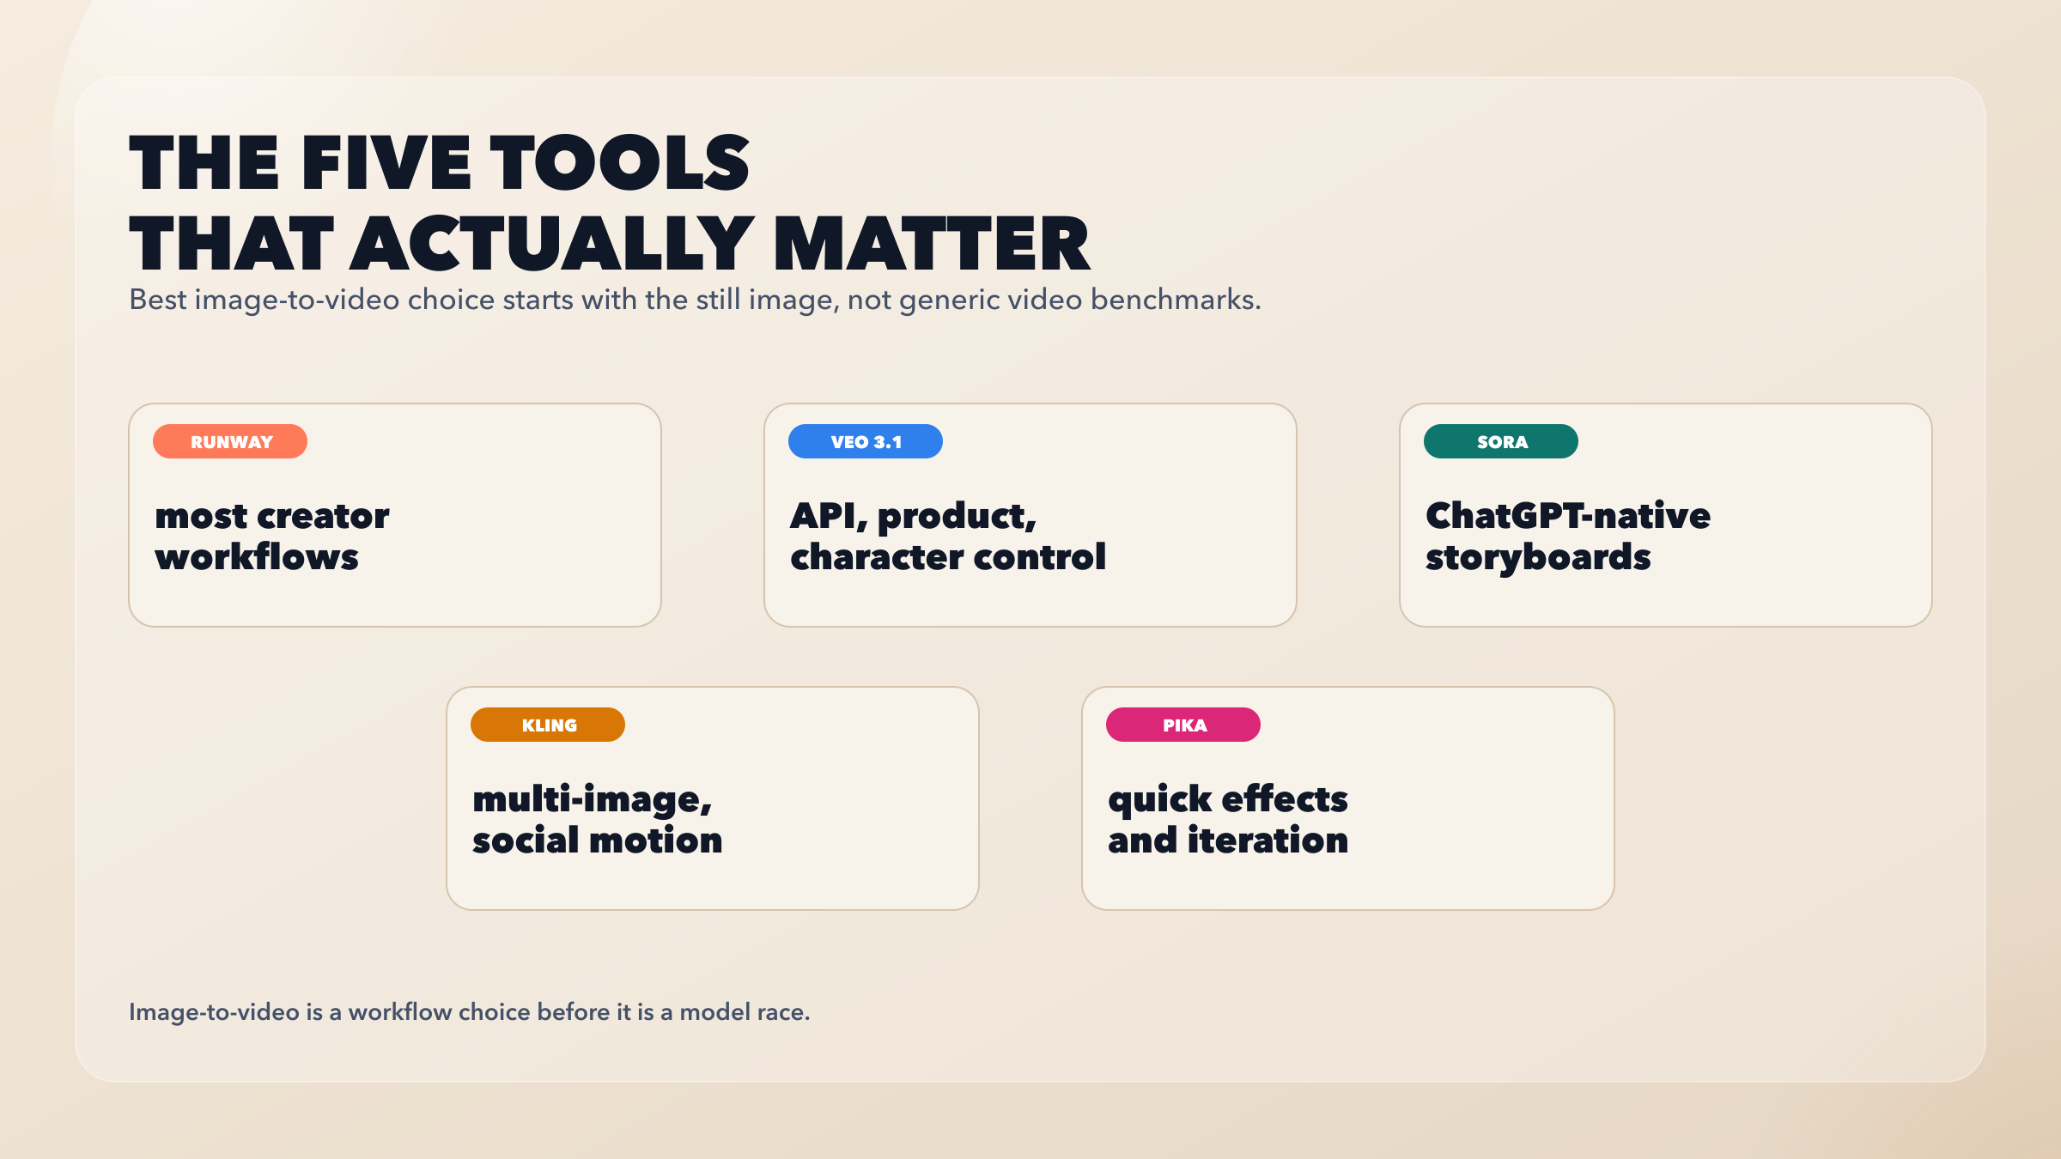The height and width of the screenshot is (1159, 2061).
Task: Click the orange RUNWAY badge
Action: pos(230,441)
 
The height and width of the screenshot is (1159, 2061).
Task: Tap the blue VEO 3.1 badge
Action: pos(866,441)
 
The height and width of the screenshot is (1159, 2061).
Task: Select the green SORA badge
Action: pos(1501,441)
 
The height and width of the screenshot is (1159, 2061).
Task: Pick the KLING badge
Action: pos(548,725)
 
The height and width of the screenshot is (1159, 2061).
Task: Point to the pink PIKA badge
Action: pos(1183,725)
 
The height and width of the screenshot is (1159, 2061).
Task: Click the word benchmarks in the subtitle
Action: pos(1176,300)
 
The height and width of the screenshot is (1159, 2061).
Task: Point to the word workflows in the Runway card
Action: pos(257,557)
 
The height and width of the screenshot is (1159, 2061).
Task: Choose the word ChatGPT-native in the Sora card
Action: pos(1568,516)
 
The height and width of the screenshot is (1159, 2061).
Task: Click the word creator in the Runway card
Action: pos(323,517)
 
